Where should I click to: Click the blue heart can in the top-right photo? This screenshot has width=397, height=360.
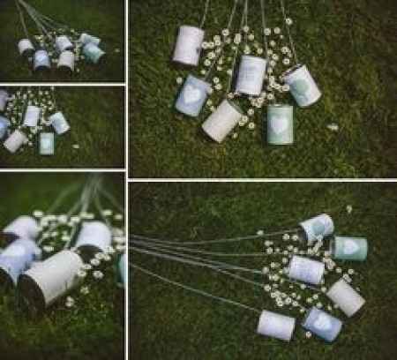coord(192,94)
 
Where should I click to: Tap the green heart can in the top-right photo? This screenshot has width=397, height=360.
coord(280,124)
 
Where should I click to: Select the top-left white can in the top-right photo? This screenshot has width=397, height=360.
coord(188,45)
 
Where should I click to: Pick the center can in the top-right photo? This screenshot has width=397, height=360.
coord(251,75)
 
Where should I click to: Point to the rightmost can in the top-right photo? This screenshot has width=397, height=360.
coord(303,86)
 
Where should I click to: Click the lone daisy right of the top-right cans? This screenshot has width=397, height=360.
coord(333,128)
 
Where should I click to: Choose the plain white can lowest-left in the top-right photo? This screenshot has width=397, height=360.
coord(222,120)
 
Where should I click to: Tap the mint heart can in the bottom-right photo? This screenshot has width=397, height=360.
coord(349,248)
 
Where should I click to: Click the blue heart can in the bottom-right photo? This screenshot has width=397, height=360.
coord(322,324)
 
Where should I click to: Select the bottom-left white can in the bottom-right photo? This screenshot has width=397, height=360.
coord(276,325)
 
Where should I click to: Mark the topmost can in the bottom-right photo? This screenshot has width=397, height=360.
coord(317,228)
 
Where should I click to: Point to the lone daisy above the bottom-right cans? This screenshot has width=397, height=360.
coord(349,209)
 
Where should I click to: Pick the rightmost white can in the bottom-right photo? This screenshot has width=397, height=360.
coord(345,296)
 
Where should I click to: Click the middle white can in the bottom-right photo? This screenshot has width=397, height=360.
coord(306,269)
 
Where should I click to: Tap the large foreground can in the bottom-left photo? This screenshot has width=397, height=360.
coord(49,280)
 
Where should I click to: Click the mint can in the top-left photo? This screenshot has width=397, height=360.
coord(92,52)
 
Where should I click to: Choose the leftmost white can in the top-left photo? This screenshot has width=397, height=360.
coord(26,47)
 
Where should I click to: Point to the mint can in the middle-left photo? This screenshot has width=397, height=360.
coord(47,142)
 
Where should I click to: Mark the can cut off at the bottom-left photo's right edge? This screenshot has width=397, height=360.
coord(122,269)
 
